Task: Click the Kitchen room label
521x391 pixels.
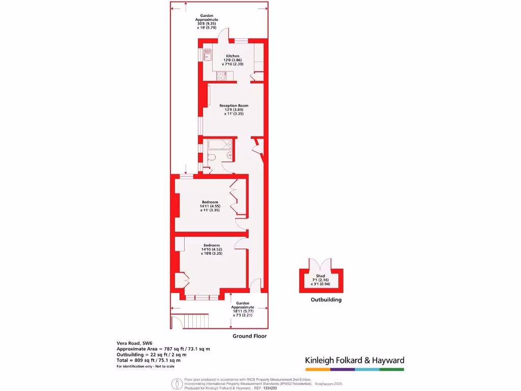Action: pyautogui.click(x=233, y=56)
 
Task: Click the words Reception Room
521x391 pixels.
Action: pyautogui.click(x=234, y=105)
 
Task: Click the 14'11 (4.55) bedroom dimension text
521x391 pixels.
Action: pyautogui.click(x=210, y=206)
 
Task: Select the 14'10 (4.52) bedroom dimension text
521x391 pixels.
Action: pyautogui.click(x=211, y=249)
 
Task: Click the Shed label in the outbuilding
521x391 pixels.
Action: pyautogui.click(x=321, y=276)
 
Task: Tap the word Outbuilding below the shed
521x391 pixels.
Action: pyautogui.click(x=326, y=300)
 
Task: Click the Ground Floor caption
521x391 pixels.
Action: pyautogui.click(x=249, y=336)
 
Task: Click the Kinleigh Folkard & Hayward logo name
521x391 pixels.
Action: pyautogui.click(x=355, y=360)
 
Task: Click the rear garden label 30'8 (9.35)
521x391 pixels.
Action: pyautogui.click(x=207, y=23)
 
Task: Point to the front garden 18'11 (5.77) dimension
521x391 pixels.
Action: pyautogui.click(x=243, y=311)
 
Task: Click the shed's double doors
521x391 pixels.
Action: pyautogui.click(x=321, y=265)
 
